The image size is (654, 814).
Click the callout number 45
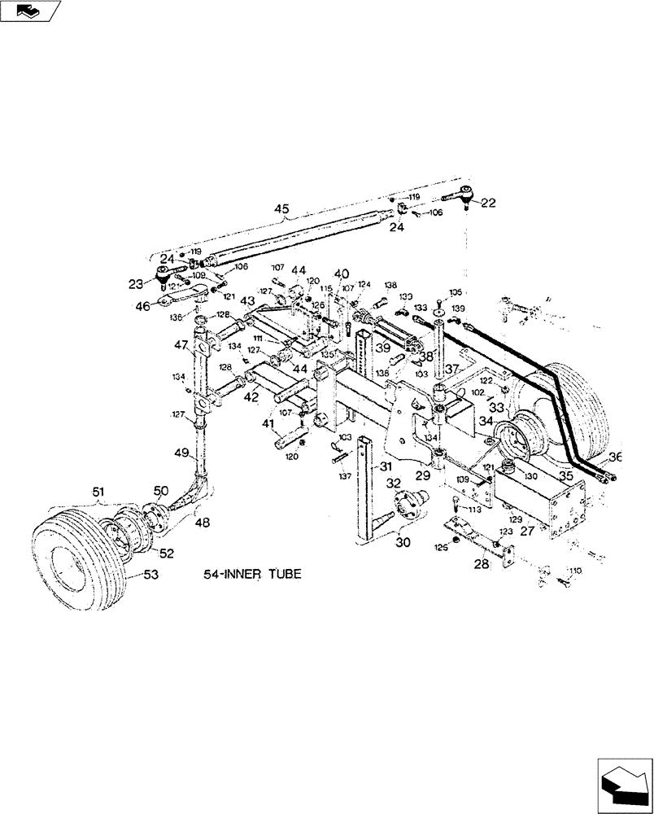click(281, 209)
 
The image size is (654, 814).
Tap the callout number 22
click(487, 203)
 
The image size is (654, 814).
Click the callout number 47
click(180, 345)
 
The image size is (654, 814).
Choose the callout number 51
click(98, 491)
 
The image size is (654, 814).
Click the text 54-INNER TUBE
click(252, 574)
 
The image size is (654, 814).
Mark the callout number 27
click(527, 530)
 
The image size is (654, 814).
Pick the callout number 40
click(342, 274)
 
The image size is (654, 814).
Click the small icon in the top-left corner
click(30, 11)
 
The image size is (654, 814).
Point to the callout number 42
click(251, 396)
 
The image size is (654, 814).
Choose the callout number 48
click(201, 521)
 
